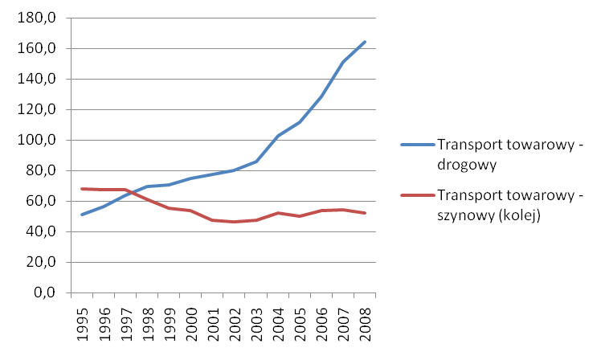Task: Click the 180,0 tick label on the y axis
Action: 38,18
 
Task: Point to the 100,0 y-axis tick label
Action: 38,141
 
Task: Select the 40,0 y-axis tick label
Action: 41,232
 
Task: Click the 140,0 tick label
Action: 38,80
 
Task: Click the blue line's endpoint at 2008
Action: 365,42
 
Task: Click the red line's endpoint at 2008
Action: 365,213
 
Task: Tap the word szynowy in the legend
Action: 468,215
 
